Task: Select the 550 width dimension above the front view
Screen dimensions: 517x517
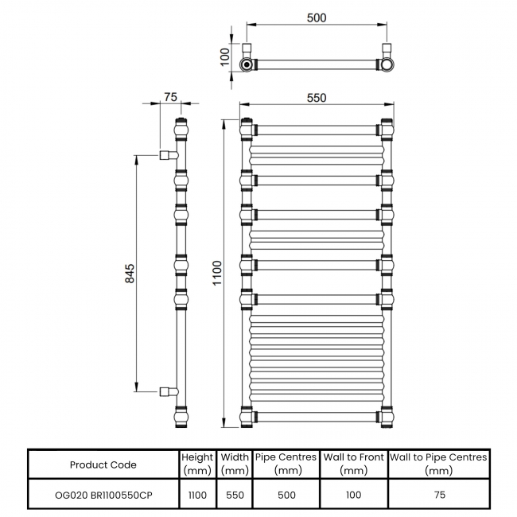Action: [x=317, y=98]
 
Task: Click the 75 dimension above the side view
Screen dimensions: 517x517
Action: [x=169, y=97]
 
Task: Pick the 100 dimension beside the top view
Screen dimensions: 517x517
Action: [x=225, y=56]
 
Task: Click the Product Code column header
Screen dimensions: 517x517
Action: [x=103, y=465]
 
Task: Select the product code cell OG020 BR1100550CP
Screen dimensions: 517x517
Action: [x=103, y=495]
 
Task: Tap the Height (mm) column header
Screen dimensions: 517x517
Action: [x=197, y=465]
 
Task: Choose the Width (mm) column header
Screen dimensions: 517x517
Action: [x=234, y=465]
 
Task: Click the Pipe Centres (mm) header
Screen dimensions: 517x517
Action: [x=286, y=465]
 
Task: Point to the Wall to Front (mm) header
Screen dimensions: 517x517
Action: [x=353, y=465]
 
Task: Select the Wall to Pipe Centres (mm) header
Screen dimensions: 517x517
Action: [x=438, y=465]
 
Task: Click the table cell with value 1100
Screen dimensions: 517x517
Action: [x=197, y=495]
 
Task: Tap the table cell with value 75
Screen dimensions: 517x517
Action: [x=438, y=495]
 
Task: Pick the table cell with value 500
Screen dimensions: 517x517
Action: [x=286, y=495]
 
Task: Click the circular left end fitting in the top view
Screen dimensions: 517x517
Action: [x=248, y=64]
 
